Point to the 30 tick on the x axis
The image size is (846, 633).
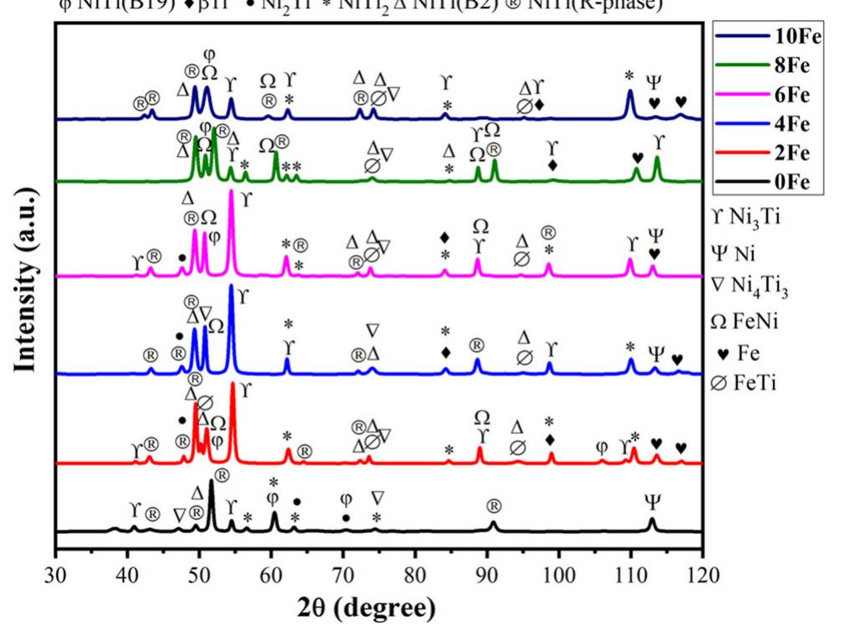tap(55, 576)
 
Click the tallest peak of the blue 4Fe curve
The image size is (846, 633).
tap(231, 286)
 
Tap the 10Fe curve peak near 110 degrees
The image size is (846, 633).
tap(629, 91)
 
